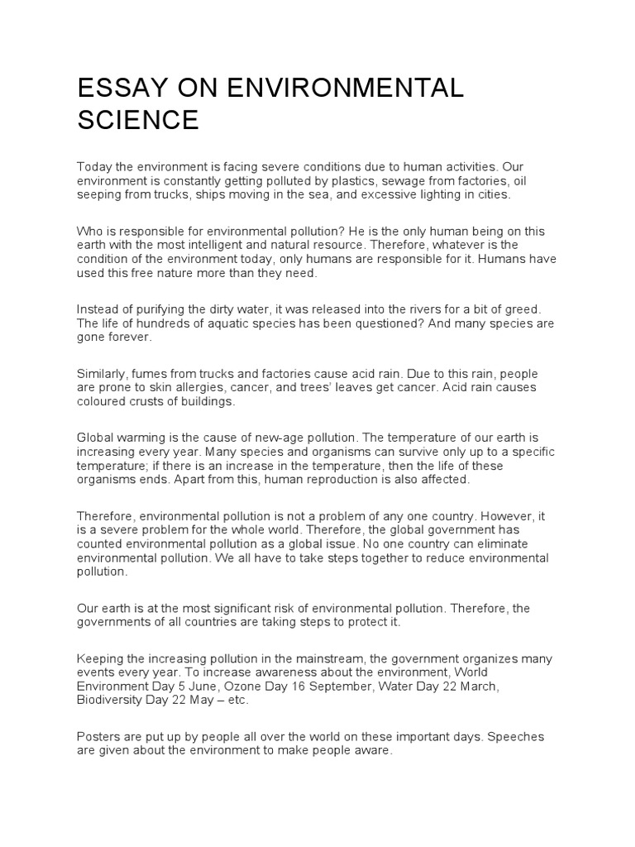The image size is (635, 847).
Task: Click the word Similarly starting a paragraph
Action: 105,373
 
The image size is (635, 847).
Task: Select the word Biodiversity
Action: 112,700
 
